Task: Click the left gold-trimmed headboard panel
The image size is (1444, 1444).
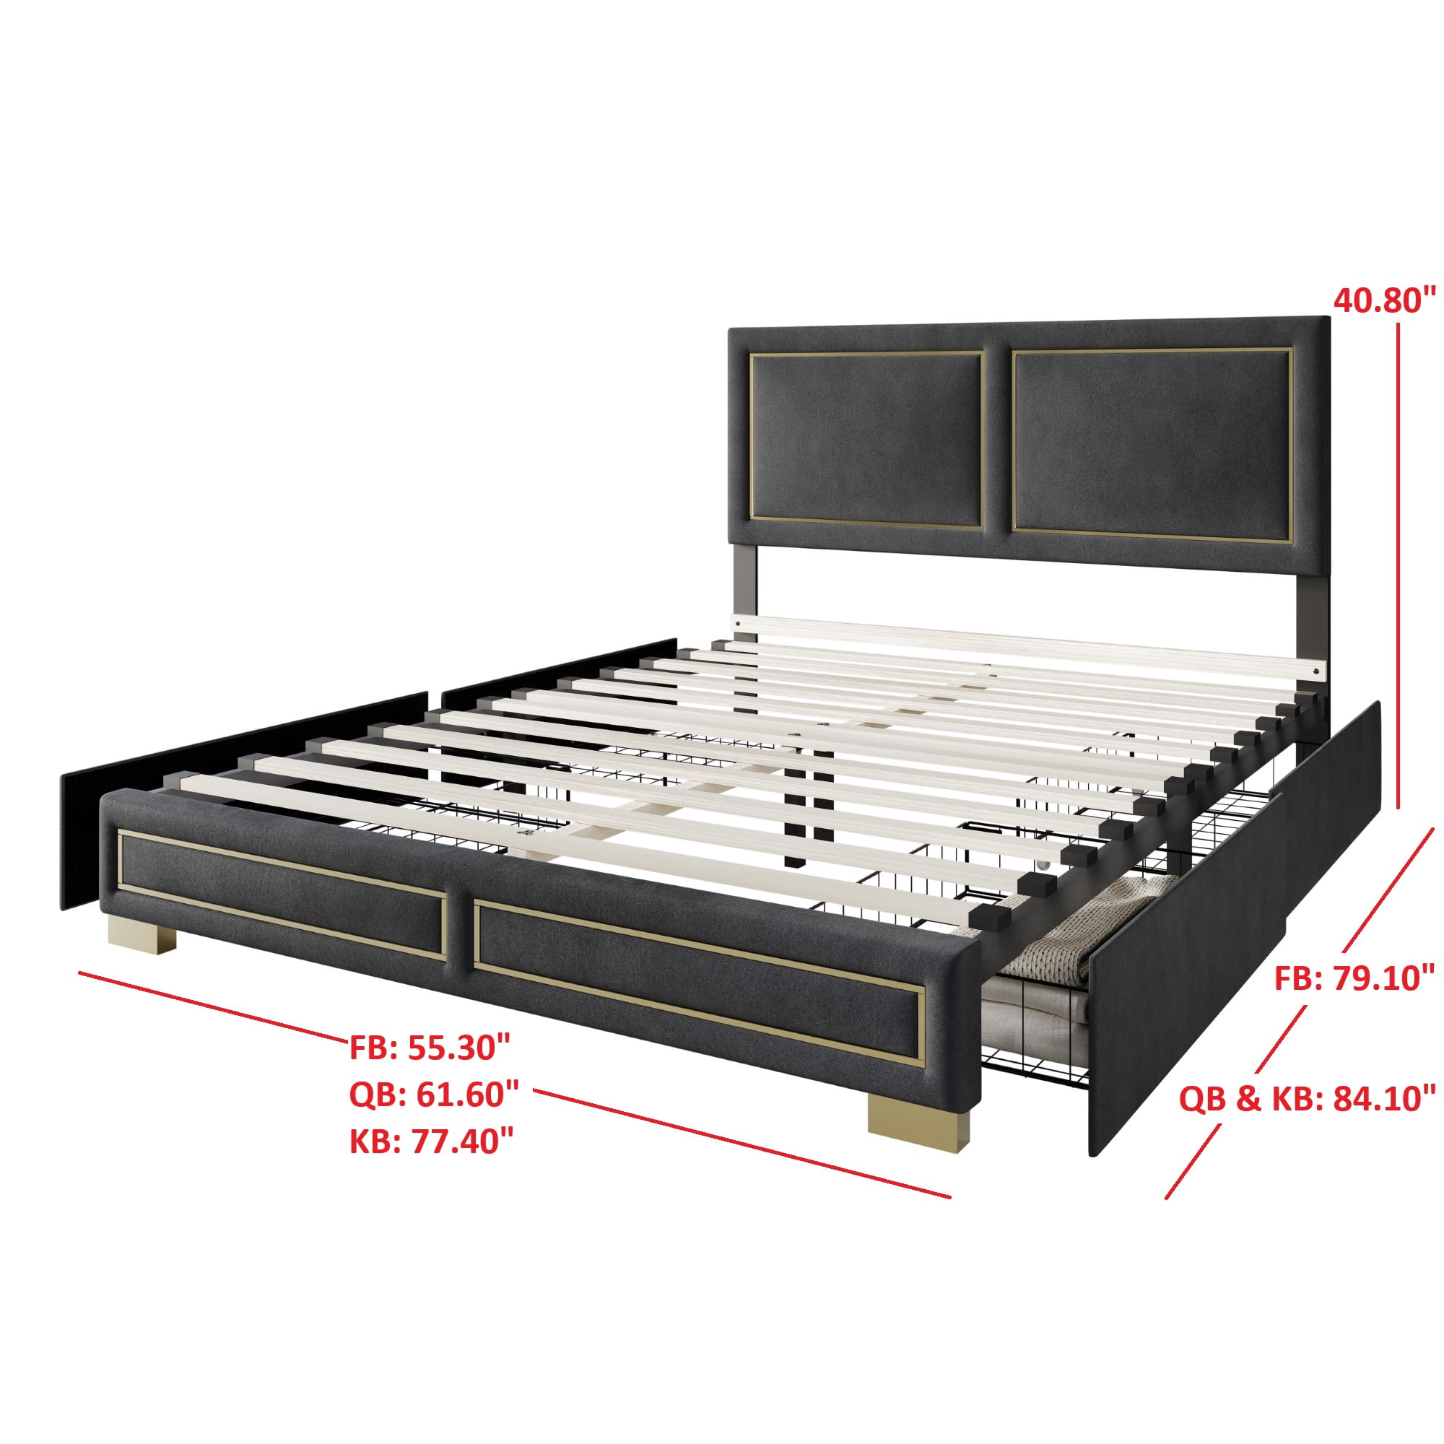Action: click(x=866, y=440)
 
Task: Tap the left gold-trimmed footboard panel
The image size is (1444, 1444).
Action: click(x=282, y=895)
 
